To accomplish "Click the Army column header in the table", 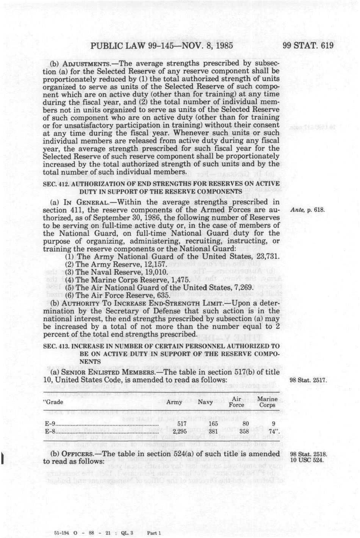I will click(174, 402).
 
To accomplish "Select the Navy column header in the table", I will click(205, 402).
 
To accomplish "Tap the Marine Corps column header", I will click(267, 402).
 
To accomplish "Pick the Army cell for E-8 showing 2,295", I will click(180, 431).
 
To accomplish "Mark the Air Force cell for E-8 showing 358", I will click(244, 431).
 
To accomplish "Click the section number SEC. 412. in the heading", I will click(56, 184).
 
